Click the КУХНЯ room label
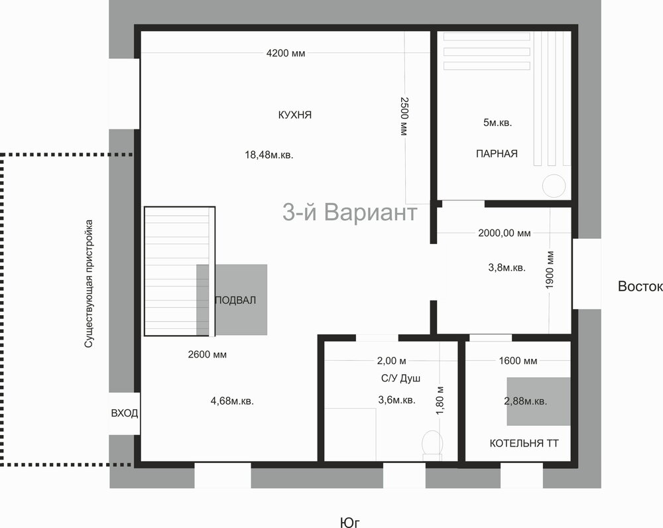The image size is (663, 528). [295, 115]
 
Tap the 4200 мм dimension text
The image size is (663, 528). [286, 53]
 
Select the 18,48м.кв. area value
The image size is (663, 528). [269, 155]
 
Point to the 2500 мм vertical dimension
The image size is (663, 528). [404, 116]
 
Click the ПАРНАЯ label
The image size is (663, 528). [497, 154]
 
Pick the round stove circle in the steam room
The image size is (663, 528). [554, 186]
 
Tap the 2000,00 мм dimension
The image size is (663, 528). [505, 233]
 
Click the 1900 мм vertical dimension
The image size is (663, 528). [550, 270]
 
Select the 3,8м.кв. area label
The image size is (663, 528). [507, 267]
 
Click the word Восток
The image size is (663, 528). [640, 287]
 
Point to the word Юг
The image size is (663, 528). [349, 523]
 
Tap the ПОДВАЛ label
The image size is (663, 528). [235, 300]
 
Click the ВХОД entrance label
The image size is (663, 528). [125, 413]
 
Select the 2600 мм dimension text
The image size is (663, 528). [207, 354]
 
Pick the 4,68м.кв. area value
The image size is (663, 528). [232, 401]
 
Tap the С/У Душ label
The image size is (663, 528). [401, 378]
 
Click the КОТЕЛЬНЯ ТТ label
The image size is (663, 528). [524, 443]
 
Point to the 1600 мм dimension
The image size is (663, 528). [518, 361]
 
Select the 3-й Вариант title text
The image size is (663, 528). [350, 212]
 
